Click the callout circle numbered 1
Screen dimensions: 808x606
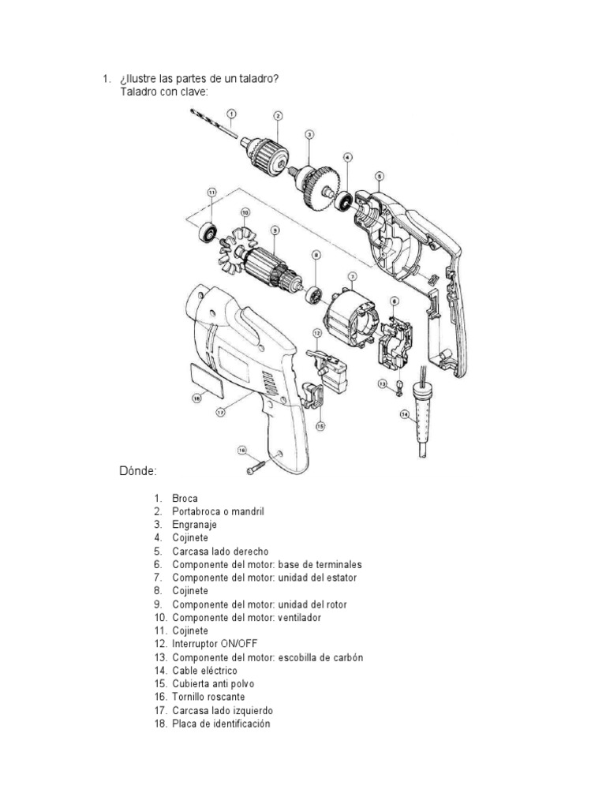click(232, 114)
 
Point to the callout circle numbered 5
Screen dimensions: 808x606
click(379, 176)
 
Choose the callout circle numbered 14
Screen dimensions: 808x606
click(405, 415)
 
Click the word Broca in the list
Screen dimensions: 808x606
click(185, 499)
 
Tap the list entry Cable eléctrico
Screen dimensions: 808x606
click(204, 670)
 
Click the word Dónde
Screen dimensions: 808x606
click(138, 471)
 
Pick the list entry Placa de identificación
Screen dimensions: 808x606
click(221, 723)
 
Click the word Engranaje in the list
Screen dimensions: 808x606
click(194, 525)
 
